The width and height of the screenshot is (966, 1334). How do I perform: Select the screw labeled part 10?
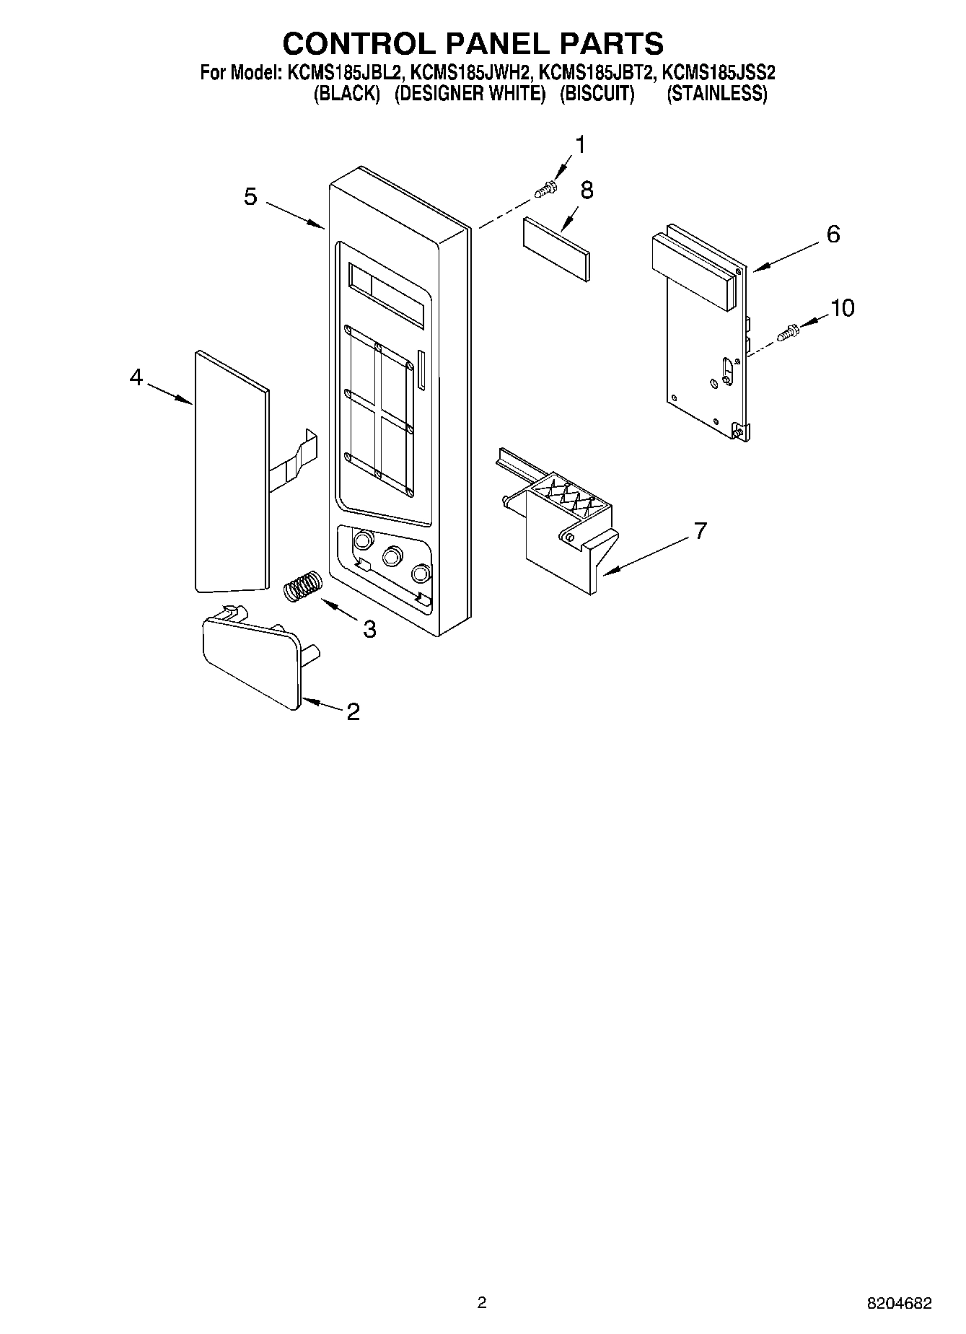[789, 333]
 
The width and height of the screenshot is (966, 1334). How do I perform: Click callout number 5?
[250, 196]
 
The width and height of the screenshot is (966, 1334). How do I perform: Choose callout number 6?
[833, 234]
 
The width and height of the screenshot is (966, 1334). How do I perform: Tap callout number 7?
[699, 531]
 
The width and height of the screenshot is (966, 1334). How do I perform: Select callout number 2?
[353, 712]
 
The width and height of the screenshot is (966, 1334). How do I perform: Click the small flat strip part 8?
[557, 247]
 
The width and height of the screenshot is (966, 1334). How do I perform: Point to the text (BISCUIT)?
[597, 94]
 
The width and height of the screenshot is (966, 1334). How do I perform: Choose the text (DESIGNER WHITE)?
[470, 94]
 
